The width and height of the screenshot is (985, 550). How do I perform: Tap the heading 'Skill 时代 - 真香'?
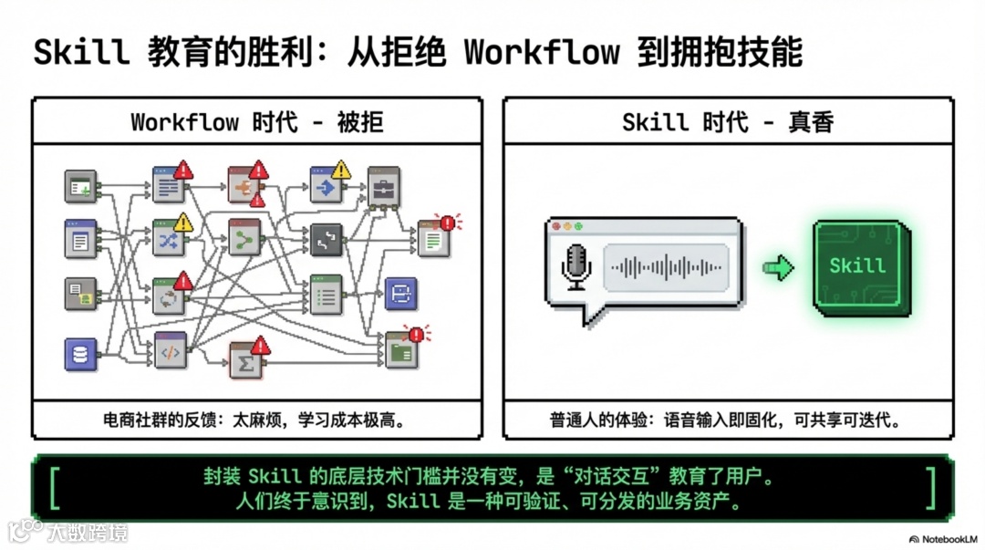[x=727, y=121]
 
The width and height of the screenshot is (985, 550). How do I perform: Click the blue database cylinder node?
[x=80, y=354]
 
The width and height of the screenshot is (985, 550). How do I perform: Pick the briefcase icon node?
[x=383, y=188]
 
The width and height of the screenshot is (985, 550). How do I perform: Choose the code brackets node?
[x=170, y=350]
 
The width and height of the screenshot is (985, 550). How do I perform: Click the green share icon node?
[x=244, y=239]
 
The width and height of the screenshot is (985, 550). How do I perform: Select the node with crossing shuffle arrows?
[x=169, y=239]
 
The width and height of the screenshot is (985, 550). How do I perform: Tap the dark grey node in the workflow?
[x=326, y=240]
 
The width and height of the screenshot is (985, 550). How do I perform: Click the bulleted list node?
[x=326, y=295]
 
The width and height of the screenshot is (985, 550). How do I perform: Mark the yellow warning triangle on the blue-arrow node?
[x=341, y=170]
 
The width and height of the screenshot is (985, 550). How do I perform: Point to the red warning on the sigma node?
[x=261, y=345]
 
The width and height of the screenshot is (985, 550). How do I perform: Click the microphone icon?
[x=576, y=267]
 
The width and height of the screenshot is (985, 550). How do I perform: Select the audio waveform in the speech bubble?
[x=667, y=267]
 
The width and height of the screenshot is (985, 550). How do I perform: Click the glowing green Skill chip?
[x=856, y=265]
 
